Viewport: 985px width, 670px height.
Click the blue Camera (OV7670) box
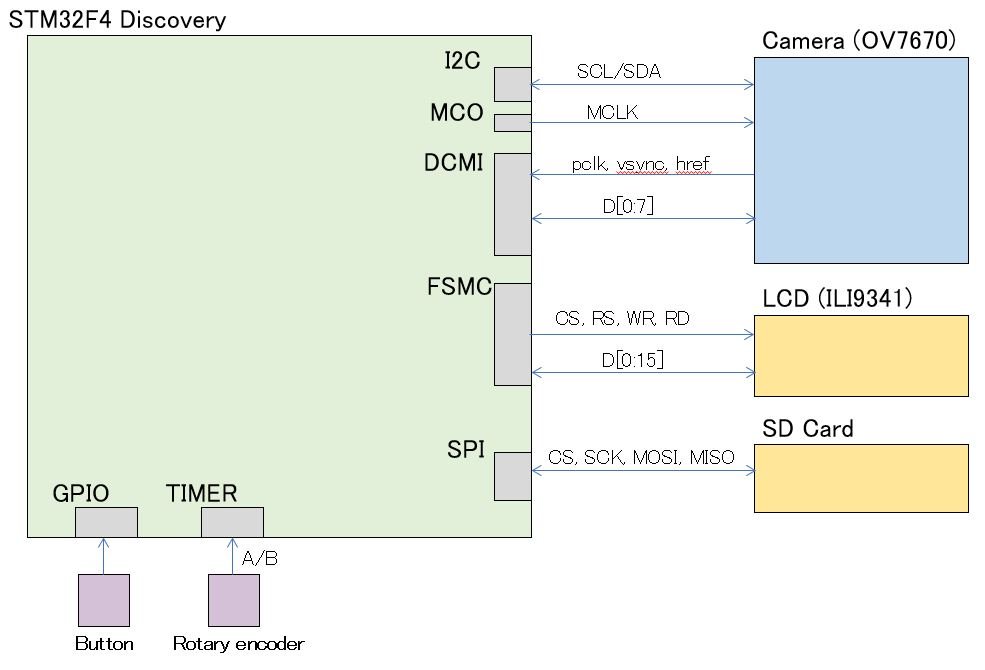[x=861, y=160]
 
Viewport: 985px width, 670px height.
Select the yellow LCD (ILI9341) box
[x=861, y=356]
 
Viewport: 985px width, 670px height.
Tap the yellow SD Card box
[x=861, y=478]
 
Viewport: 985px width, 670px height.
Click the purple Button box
[x=104, y=600]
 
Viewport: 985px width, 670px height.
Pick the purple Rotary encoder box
[x=234, y=600]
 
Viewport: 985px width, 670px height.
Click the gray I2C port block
[x=513, y=84]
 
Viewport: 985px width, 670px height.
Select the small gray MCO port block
[x=513, y=123]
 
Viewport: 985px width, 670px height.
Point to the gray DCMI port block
[x=513, y=204]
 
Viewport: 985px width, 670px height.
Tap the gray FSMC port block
[x=513, y=334]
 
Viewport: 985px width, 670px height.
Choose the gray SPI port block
[x=513, y=476]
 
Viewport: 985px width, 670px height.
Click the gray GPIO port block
[x=106, y=522]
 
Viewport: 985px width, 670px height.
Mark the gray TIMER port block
[x=232, y=522]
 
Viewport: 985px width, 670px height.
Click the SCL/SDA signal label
[x=619, y=73]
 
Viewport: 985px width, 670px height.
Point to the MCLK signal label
[x=613, y=113]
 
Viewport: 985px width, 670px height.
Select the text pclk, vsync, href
[x=641, y=165]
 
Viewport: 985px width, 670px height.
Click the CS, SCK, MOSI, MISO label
[x=641, y=458]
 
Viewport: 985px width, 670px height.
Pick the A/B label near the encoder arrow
[x=260, y=558]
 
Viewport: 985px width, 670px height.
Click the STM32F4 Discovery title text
[x=117, y=19]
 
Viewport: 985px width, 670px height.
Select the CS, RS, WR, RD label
[x=622, y=320]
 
